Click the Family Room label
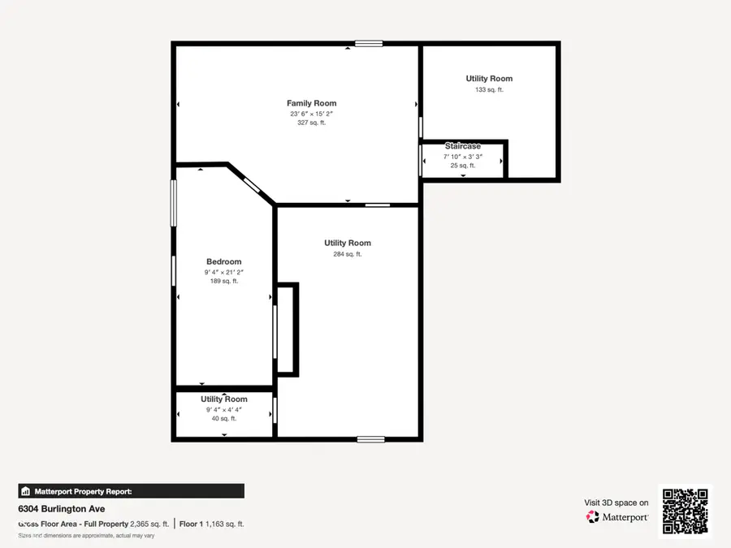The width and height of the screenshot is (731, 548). pyautogui.click(x=311, y=103)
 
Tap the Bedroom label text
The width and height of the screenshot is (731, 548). pyautogui.click(x=224, y=261)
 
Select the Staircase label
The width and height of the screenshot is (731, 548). pyautogui.click(x=462, y=146)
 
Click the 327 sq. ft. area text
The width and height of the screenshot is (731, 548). pyautogui.click(x=311, y=123)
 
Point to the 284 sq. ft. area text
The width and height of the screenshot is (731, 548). pyautogui.click(x=348, y=254)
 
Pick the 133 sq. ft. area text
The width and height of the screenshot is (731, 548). pyautogui.click(x=489, y=89)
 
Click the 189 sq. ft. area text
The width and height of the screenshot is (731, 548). pyautogui.click(x=224, y=281)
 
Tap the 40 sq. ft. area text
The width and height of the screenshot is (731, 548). pyautogui.click(x=224, y=418)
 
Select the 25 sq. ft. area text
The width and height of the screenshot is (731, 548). pyautogui.click(x=463, y=166)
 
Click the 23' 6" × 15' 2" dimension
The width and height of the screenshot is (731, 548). pyautogui.click(x=311, y=114)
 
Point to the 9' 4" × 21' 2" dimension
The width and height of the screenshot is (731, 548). pyautogui.click(x=224, y=272)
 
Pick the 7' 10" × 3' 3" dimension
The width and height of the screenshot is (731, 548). pyautogui.click(x=463, y=156)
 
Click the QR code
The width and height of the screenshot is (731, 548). pyautogui.click(x=685, y=511)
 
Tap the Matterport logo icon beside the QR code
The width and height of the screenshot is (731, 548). pyautogui.click(x=593, y=517)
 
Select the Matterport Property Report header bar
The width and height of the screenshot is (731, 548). pyautogui.click(x=131, y=491)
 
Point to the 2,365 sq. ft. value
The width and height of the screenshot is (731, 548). pyautogui.click(x=149, y=524)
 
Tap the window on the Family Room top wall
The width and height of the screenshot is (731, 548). pyautogui.click(x=369, y=43)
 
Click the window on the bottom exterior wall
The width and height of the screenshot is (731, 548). pyautogui.click(x=370, y=439)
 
